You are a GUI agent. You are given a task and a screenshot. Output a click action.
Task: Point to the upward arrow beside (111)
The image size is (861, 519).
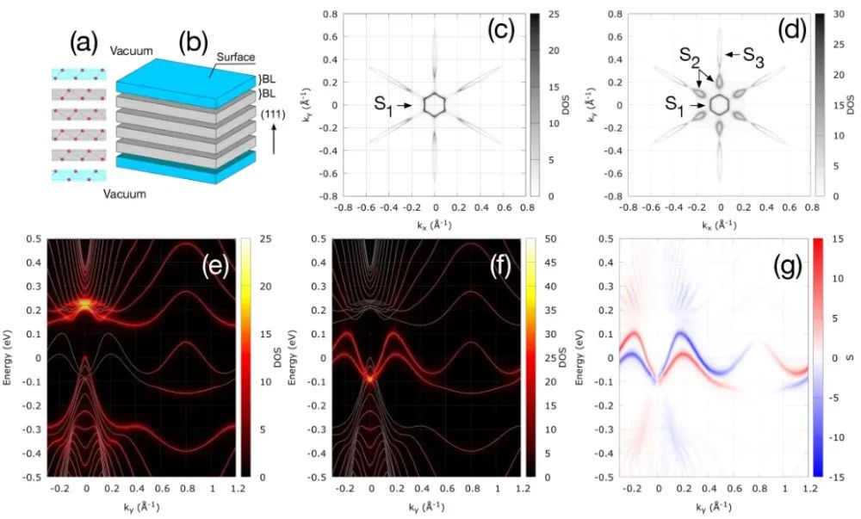[x=274, y=142]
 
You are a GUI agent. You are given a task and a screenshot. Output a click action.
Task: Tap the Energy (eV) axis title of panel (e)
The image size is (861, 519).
[x=8, y=356]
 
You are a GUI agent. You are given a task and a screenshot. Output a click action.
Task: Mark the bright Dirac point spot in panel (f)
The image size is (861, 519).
[x=371, y=376]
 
